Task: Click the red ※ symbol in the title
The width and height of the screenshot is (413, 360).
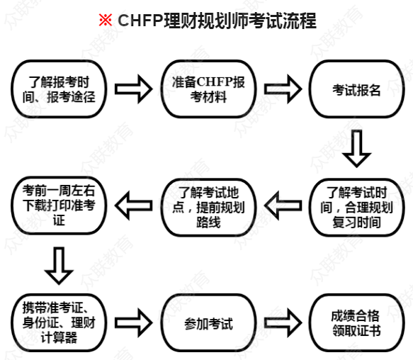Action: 105,21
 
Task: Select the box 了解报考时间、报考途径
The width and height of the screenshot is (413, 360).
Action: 54,89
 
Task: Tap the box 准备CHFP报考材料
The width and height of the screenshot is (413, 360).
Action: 204,89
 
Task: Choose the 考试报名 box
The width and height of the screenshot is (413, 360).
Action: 356,89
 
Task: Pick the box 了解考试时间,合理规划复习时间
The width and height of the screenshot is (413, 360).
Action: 356,206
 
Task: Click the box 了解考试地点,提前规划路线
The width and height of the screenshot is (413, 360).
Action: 205,206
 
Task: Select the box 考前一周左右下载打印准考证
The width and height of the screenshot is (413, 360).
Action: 54,206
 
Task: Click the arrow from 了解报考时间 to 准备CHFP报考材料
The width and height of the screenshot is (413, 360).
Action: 131,89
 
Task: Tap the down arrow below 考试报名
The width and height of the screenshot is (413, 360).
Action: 356,148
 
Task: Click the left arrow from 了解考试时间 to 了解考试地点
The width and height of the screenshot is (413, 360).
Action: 283,206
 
